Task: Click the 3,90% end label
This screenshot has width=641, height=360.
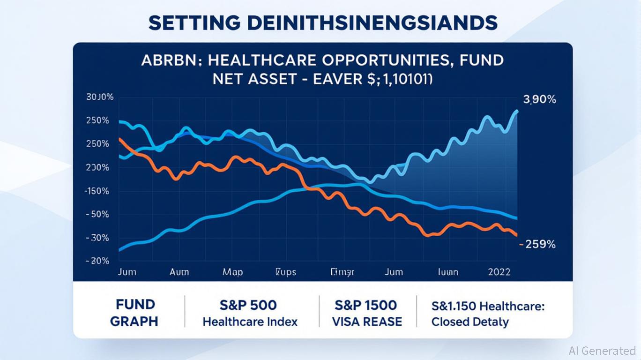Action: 539,99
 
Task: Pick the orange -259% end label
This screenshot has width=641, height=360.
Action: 539,244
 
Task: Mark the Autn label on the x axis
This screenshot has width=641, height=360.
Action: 179,272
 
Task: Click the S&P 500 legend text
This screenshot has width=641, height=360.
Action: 248,305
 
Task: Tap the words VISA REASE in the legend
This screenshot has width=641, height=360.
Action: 367,322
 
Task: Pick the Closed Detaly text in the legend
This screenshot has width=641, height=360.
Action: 470,322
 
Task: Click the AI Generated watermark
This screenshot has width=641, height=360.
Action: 602,351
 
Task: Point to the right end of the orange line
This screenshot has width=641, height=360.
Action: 516,235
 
